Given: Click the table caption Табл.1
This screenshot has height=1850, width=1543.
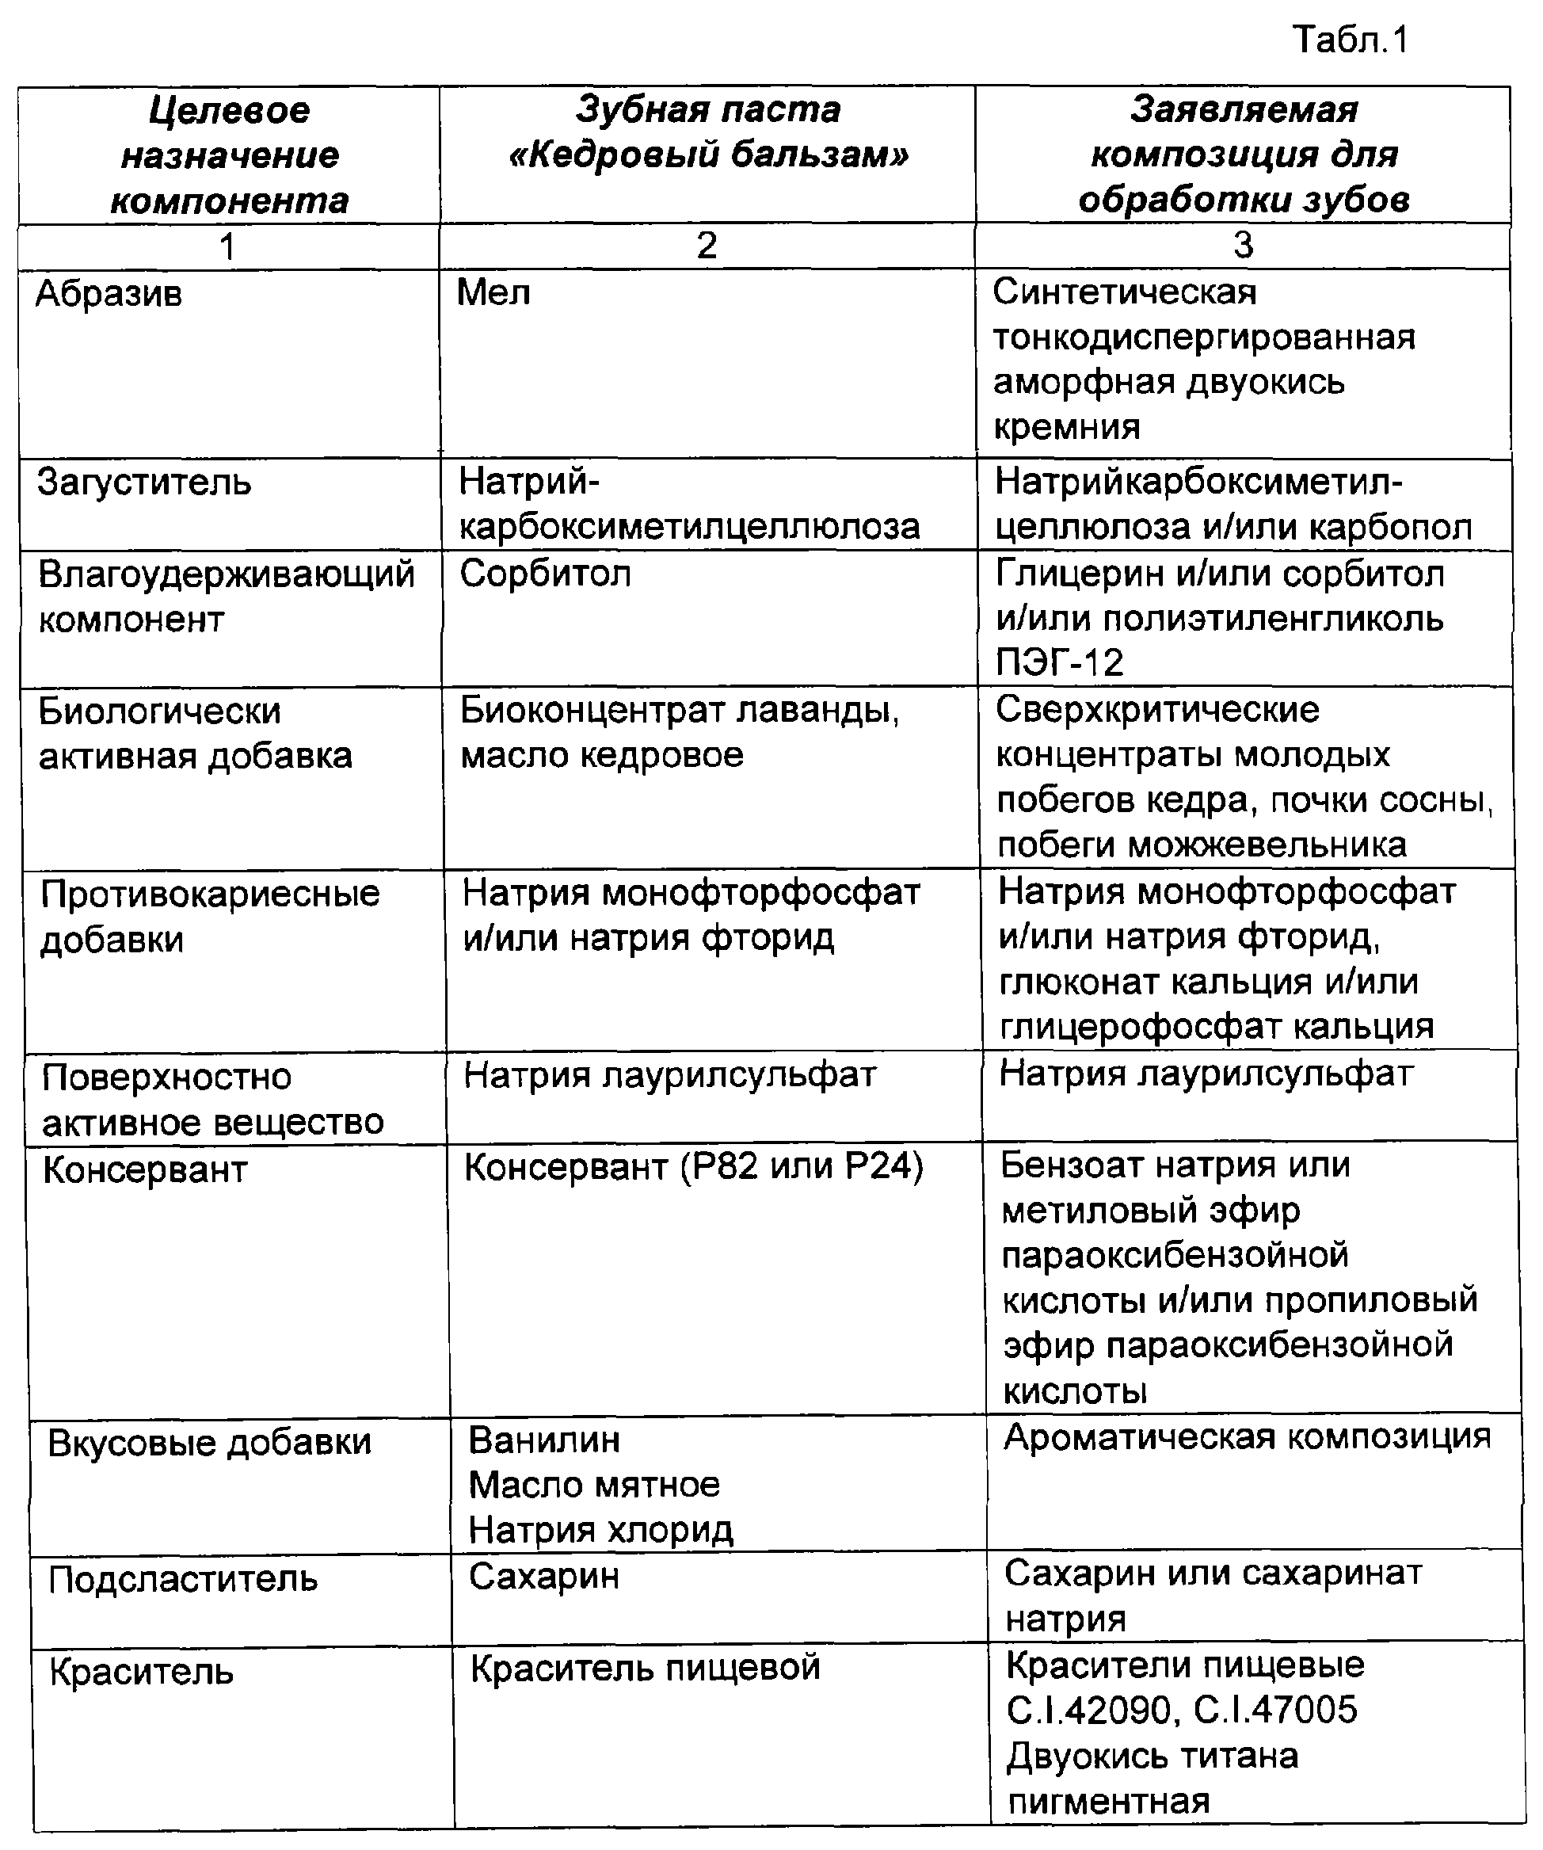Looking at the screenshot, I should (1350, 40).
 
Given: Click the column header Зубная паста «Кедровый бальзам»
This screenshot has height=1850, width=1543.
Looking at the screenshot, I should (707, 132).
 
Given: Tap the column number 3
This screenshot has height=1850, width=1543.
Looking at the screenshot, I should (1243, 246).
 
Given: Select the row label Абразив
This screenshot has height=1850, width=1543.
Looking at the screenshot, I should (109, 293).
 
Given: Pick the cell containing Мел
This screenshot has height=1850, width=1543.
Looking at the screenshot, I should (493, 292).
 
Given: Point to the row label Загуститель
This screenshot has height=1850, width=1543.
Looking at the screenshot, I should (144, 483).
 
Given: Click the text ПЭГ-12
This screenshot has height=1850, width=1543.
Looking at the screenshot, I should (1061, 663).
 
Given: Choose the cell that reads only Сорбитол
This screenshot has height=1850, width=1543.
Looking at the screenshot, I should (545, 574).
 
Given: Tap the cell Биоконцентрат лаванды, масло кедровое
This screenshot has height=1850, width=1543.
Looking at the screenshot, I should (679, 732).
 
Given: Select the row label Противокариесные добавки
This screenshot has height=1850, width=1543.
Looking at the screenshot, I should (210, 916).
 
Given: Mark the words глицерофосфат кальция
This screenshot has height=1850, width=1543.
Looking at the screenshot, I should (1216, 1027).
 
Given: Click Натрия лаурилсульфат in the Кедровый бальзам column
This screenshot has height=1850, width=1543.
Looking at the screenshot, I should (669, 1075).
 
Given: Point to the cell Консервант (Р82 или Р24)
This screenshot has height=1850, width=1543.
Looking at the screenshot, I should (693, 1167).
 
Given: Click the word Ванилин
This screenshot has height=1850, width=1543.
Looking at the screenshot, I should (544, 1440).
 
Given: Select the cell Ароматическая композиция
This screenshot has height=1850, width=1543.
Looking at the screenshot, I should (1247, 1438).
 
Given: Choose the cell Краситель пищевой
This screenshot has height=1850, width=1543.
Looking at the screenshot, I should (645, 1668).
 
